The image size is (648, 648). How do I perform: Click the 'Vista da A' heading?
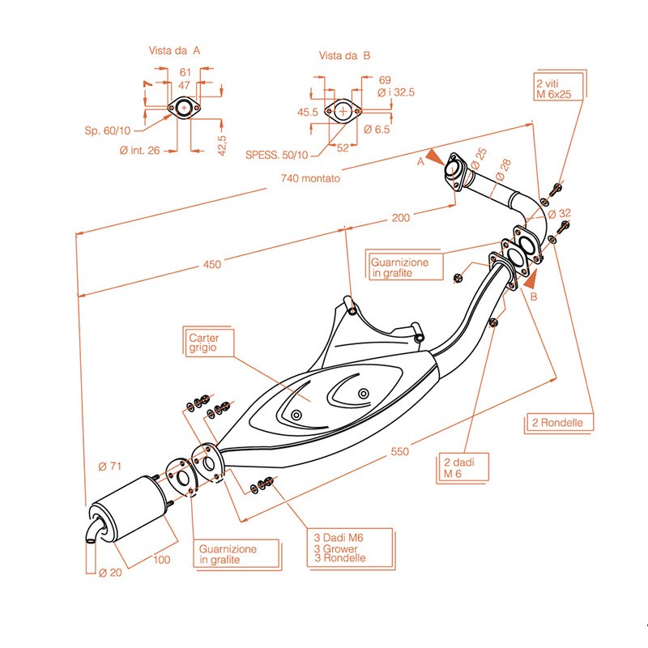pos(174,50)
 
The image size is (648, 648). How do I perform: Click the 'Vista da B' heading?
pos(344,56)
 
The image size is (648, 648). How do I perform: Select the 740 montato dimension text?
pos(310,177)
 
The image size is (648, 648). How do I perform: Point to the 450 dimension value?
pos(211,264)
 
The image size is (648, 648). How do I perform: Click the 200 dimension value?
pos(401,216)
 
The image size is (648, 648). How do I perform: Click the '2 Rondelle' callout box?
pos(558,423)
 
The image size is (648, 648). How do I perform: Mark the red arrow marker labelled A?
pos(436,157)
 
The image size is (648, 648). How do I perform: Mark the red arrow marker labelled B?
pos(531,280)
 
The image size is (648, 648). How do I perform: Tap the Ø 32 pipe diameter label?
pos(560,214)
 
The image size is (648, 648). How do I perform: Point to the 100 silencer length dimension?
pos(161,559)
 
